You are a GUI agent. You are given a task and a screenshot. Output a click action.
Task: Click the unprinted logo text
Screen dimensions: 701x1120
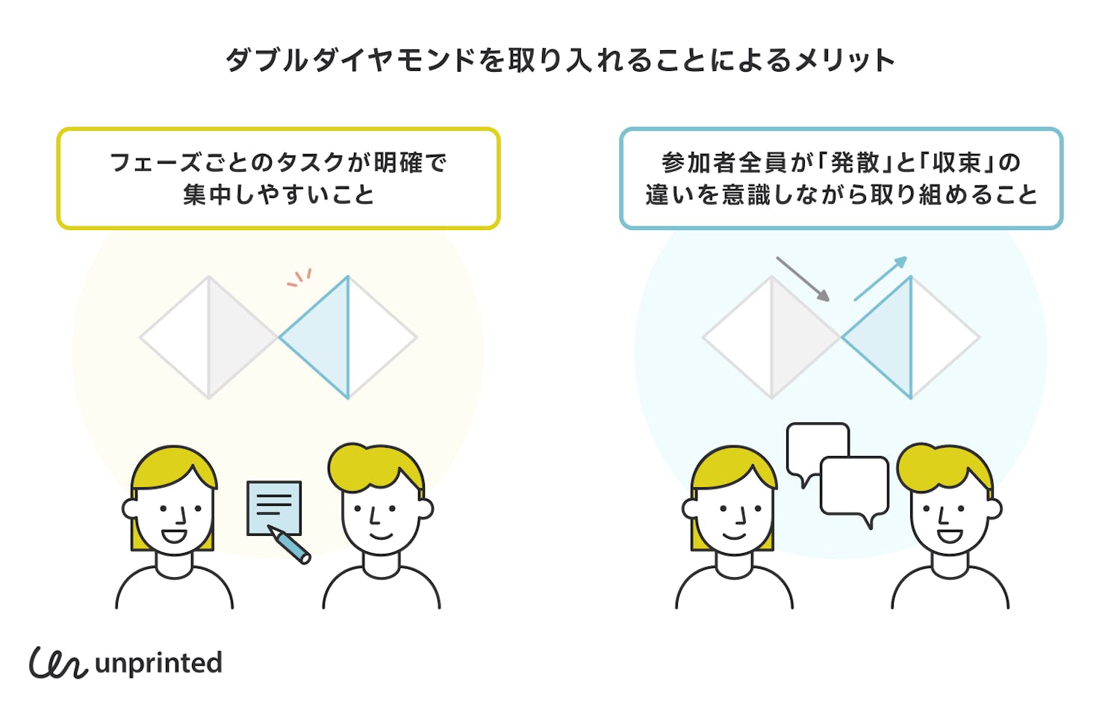pos(158,663)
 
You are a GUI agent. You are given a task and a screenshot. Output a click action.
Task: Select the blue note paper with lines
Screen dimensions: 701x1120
pos(274,507)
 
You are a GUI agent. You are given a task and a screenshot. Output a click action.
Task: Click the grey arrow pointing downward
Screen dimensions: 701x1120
pos(803,279)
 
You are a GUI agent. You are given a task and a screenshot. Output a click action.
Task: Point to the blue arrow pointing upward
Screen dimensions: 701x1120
pos(881,278)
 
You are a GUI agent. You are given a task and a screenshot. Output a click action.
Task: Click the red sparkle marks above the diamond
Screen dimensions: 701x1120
pos(299,278)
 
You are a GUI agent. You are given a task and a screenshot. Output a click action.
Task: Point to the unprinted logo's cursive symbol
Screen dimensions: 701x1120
pos(57,662)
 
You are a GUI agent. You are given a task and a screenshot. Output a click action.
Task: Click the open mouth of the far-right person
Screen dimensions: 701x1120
pos(949,536)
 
